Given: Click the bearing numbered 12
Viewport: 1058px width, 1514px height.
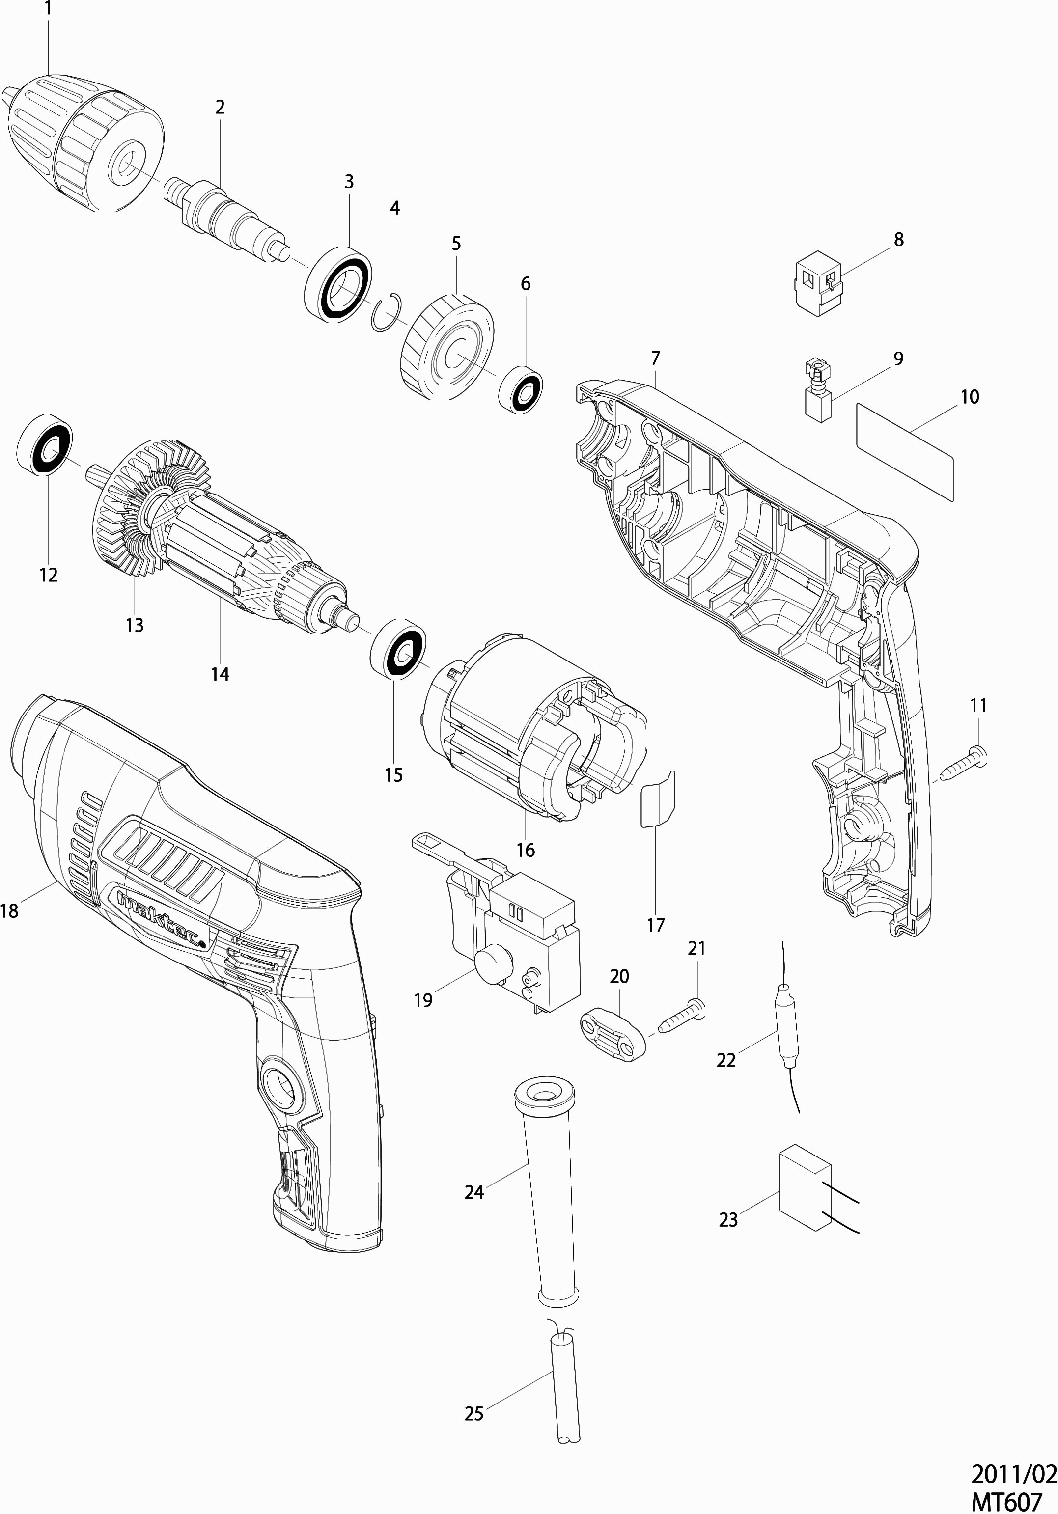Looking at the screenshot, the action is tap(45, 444).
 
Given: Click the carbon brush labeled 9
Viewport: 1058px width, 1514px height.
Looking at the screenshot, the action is tap(817, 390).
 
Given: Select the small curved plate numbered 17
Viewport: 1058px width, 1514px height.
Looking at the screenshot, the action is tap(658, 798).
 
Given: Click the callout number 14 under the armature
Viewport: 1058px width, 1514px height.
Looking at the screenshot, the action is tap(221, 674).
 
